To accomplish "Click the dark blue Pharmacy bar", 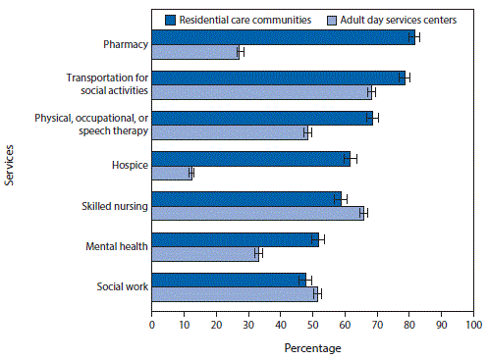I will [x=283, y=37].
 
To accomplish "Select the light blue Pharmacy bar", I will [x=195, y=52].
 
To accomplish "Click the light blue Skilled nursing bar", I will [x=257, y=213].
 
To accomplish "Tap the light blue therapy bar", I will [x=230, y=132].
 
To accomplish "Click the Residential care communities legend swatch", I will [x=171, y=19].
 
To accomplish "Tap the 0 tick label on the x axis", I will [x=152, y=322].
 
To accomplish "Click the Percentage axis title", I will [x=312, y=347].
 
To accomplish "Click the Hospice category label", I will [x=128, y=165].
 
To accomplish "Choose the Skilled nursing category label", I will [x=114, y=205].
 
